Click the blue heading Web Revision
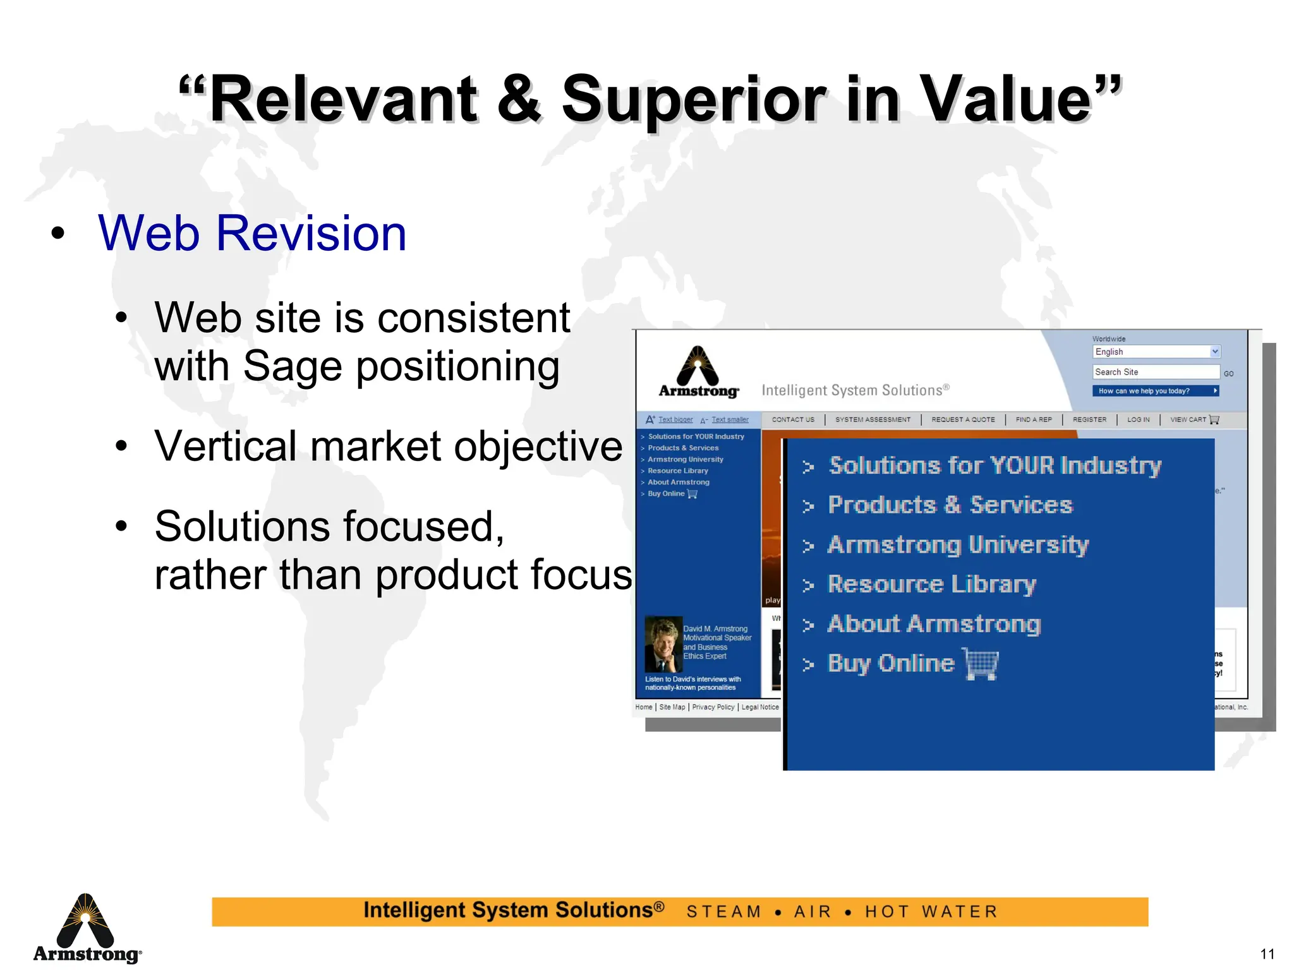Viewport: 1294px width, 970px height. (x=252, y=233)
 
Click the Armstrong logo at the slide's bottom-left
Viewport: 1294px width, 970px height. (x=87, y=928)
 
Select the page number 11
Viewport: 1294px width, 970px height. (x=1267, y=954)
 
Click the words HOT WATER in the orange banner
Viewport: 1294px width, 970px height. (x=931, y=912)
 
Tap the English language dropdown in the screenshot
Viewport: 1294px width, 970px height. (x=1156, y=352)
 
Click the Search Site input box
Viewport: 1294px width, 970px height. (x=1156, y=372)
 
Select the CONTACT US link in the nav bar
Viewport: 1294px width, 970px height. (x=793, y=419)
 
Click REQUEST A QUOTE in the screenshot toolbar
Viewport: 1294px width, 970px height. (x=963, y=419)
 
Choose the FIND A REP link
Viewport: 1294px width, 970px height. (x=1034, y=419)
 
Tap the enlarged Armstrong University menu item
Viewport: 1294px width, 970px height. (x=958, y=545)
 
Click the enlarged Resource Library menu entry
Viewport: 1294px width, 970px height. (x=931, y=585)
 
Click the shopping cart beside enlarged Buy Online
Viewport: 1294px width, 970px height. (x=981, y=664)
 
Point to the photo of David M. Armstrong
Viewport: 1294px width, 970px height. (x=663, y=644)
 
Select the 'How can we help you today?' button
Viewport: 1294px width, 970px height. (x=1155, y=391)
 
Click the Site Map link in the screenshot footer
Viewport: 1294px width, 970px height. (x=672, y=707)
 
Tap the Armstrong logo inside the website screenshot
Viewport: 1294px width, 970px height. (x=698, y=373)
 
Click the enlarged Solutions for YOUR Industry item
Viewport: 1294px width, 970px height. (x=995, y=466)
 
